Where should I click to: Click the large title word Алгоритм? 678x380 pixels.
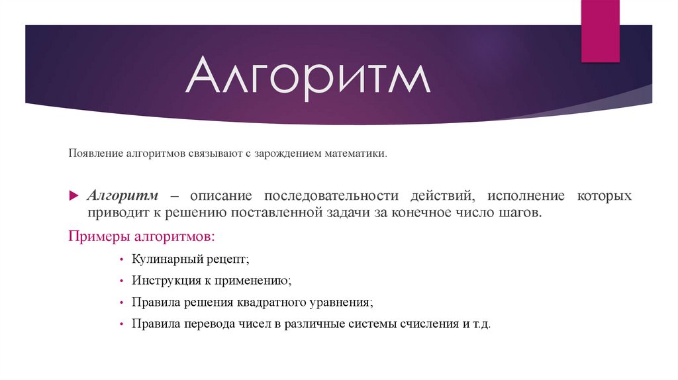[x=307, y=77]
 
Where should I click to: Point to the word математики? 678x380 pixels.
[x=355, y=154]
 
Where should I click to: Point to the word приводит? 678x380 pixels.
[x=115, y=213]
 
